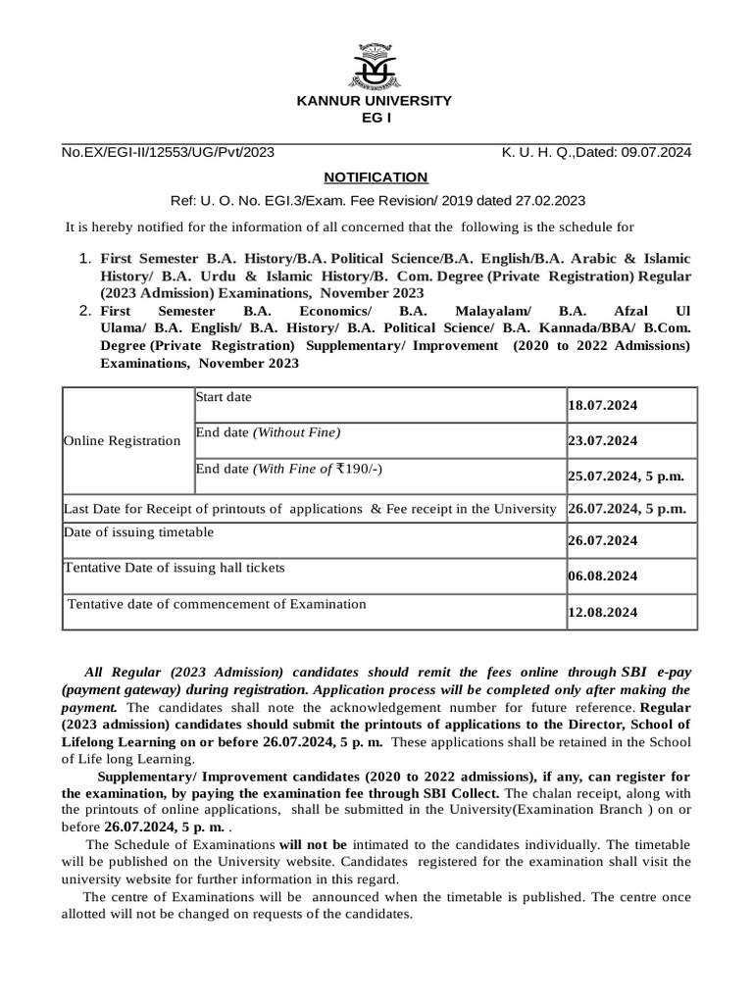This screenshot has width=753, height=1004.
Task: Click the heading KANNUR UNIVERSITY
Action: point(376,101)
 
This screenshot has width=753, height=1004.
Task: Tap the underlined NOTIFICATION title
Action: point(376,177)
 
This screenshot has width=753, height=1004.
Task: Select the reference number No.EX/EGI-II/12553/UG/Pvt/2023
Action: point(169,152)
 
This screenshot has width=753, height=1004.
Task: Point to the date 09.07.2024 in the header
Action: point(656,152)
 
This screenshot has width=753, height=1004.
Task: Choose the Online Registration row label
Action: point(123,441)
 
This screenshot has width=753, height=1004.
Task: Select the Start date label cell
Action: point(225,396)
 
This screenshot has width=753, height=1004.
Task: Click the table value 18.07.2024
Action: point(603,405)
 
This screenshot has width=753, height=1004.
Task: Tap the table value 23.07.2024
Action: point(603,441)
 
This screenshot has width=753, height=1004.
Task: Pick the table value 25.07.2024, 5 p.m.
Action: point(626,477)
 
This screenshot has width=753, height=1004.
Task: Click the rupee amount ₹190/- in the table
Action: point(355,469)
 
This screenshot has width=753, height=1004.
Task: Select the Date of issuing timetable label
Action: point(138,532)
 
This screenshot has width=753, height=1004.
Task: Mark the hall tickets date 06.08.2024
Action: point(603,577)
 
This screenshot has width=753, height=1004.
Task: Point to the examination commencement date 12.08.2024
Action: point(603,613)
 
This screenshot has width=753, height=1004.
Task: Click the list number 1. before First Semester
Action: point(83,259)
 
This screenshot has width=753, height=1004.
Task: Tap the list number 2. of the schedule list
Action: point(83,311)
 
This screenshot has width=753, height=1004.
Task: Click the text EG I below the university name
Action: point(376,118)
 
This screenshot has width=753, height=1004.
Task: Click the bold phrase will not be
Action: point(313,843)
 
